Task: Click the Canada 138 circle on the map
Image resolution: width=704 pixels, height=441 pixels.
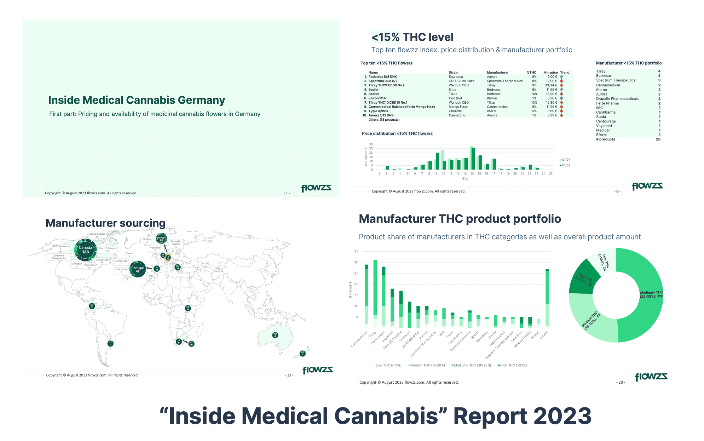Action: point(85,250)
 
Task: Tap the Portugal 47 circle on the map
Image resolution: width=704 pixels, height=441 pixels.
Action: point(138,269)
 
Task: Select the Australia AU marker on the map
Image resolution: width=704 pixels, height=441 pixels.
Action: point(275,335)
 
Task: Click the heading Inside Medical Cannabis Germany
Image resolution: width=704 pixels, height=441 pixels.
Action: point(137,100)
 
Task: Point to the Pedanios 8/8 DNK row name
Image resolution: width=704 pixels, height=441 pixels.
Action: point(382,77)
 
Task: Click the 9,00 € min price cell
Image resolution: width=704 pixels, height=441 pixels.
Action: point(552,77)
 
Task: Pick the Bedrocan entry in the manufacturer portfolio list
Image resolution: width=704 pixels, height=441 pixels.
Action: point(604,76)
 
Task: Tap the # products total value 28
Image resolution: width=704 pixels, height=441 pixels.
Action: point(658,139)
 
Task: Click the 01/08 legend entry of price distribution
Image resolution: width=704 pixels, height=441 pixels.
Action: point(565,165)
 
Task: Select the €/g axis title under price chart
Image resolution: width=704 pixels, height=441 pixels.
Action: point(465,179)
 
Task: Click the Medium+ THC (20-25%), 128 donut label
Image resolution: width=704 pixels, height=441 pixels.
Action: point(651,294)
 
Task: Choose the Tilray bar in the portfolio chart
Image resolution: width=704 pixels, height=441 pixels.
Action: point(375,294)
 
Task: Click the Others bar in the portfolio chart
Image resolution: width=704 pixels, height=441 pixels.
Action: point(547,297)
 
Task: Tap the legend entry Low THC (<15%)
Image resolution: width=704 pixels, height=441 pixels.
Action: point(388,365)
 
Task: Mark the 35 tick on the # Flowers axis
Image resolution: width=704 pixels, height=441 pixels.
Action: point(356,251)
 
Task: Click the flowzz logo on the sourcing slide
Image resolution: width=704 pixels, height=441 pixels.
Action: point(317,370)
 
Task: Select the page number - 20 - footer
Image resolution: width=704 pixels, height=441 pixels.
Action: point(621,382)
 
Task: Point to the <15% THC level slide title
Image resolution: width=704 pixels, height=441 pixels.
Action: point(412,37)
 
